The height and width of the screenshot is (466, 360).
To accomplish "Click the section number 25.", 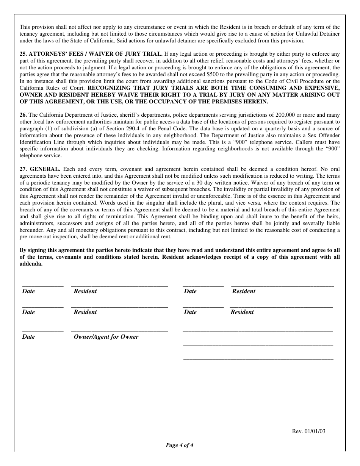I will (x=23, y=54).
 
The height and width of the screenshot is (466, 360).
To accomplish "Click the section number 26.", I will (x=23, y=115).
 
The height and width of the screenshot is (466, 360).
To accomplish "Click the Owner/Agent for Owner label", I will (x=106, y=337).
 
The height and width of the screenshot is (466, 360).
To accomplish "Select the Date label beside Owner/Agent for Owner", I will (x=28, y=337).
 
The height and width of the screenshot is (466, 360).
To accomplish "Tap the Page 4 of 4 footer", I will (x=180, y=446).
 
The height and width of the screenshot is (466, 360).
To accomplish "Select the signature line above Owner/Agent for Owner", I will (x=119, y=332).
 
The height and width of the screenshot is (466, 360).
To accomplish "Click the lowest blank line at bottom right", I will (x=258, y=359).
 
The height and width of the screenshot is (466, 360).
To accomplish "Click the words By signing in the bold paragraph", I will (x=33, y=250).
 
